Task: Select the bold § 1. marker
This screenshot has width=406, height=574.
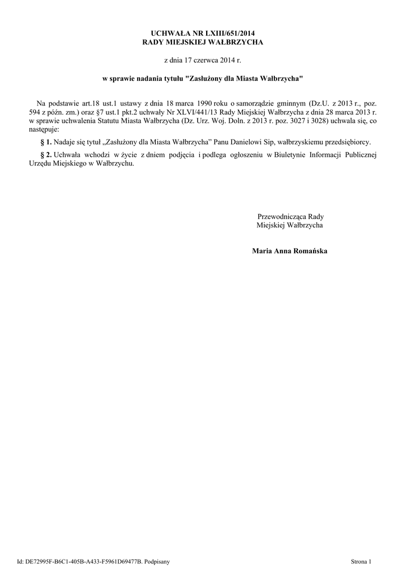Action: point(46,142)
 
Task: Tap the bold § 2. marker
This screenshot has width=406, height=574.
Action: point(46,155)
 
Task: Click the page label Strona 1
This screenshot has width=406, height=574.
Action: point(361,561)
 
